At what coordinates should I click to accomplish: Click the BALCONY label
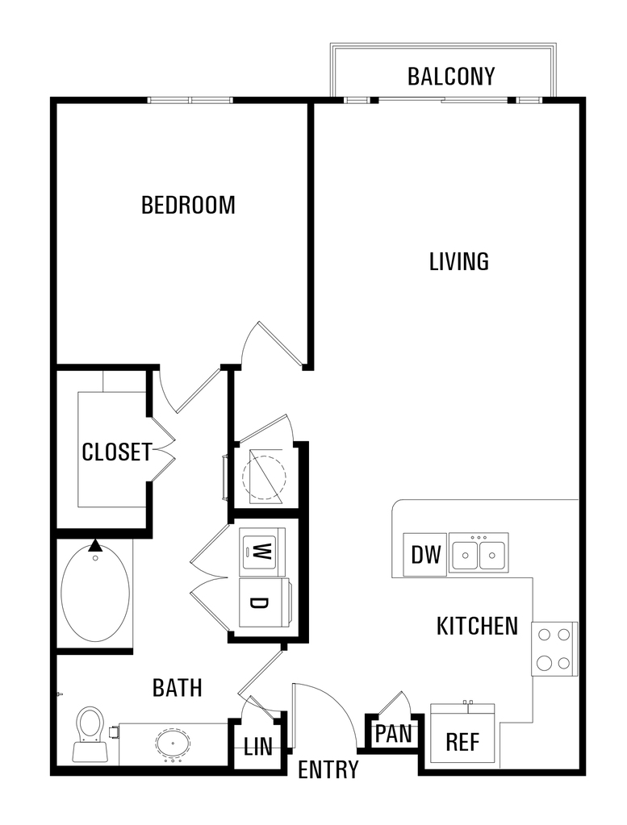click(451, 77)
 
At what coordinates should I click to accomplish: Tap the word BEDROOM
click(188, 205)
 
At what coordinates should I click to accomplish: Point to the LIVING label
click(459, 261)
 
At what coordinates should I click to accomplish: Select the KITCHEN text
click(477, 626)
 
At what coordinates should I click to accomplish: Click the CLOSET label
click(117, 452)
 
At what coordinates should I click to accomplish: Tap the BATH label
click(177, 688)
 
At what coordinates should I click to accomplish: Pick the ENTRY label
click(328, 769)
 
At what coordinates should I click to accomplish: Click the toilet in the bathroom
click(89, 735)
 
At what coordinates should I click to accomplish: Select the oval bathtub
click(95, 593)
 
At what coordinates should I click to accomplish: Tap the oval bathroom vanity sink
click(173, 743)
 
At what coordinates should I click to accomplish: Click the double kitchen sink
click(479, 553)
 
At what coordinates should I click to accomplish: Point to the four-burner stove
click(554, 649)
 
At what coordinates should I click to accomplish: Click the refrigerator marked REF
click(462, 733)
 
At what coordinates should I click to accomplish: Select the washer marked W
click(262, 552)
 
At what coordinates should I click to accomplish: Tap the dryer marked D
click(264, 603)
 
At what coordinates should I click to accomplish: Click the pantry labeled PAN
click(394, 732)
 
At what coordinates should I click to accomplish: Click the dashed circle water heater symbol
click(264, 477)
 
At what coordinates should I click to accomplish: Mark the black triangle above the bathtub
click(94, 545)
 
